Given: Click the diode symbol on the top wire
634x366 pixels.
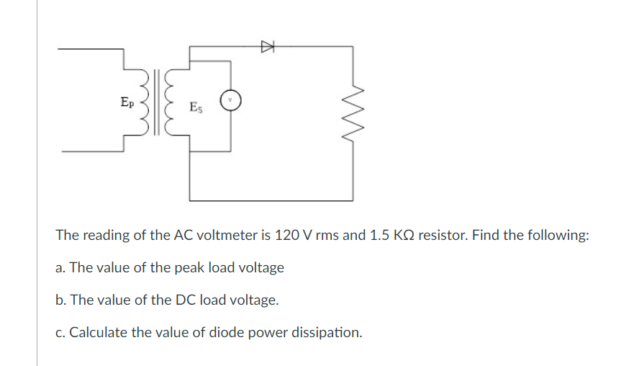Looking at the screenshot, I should [268, 47].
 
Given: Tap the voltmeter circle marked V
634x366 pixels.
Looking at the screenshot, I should [230, 100].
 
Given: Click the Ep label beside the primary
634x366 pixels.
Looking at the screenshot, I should [127, 102].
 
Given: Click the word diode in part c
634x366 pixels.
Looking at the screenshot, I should [219, 333].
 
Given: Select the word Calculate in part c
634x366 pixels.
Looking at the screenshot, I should [95, 333].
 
